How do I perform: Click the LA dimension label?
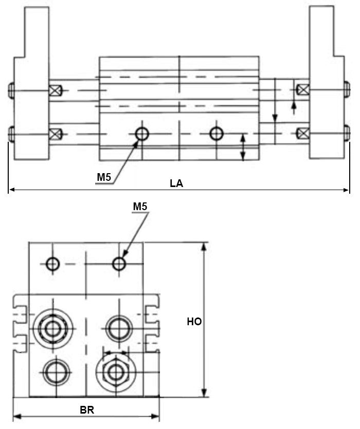coord(176,183)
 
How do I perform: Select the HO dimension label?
coord(194,322)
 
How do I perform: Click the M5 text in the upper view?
coord(104,177)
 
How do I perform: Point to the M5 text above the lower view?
coord(140,207)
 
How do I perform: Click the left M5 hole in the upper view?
coord(141,134)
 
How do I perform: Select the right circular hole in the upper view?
coord(217,134)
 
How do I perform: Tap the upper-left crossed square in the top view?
coord(55,91)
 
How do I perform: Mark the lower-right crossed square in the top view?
coord(303,134)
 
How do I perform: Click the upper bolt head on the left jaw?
coord(11,91)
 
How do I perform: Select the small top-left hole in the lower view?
coord(52,264)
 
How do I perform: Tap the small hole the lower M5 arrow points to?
coord(119,264)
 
